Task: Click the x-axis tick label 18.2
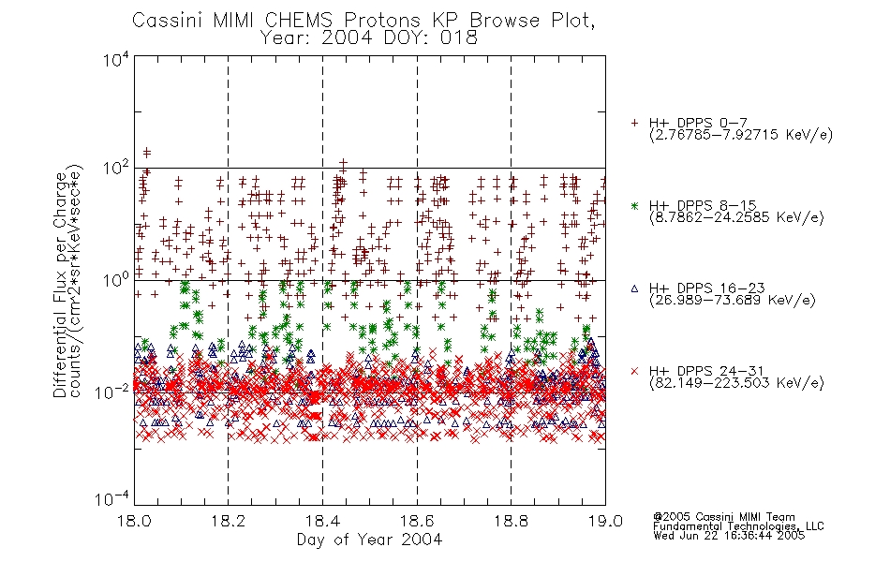229,521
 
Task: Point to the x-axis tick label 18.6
417,521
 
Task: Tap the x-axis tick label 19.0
605,521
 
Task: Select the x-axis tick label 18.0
135,521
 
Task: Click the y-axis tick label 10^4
116,60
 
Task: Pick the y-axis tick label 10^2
116,169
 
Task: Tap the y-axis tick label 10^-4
111,499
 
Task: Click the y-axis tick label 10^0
116,280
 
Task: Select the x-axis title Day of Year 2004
369,540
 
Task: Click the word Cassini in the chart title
168,21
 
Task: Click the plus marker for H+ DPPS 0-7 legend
634,123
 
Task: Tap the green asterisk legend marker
634,205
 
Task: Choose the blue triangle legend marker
634,288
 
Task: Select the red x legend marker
634,371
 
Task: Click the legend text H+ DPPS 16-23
706,288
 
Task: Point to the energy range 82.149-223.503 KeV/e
736,383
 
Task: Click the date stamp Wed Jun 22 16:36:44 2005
729,535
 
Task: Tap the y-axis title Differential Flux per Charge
60,285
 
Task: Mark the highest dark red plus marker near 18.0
147,152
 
